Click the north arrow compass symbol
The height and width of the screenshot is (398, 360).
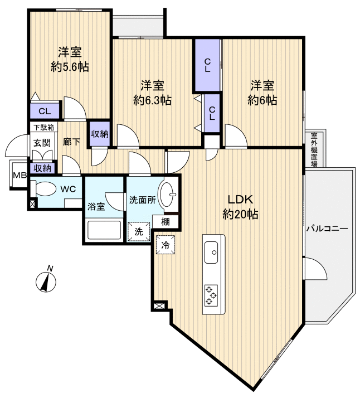pyautogui.click(x=46, y=280)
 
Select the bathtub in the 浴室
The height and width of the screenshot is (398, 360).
pyautogui.click(x=104, y=229)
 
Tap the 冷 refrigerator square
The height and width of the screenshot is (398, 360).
pyautogui.click(x=166, y=244)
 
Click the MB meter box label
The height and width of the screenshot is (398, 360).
pyautogui.click(x=20, y=175)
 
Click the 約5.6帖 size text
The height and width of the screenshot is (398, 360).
pyautogui.click(x=70, y=67)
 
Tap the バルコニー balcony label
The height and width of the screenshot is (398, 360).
pyautogui.click(x=327, y=229)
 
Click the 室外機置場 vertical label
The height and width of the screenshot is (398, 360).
pyautogui.click(x=314, y=149)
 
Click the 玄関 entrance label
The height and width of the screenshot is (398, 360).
pyautogui.click(x=41, y=142)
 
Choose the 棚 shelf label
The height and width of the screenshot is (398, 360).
pyautogui.click(x=166, y=221)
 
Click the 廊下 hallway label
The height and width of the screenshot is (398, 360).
pyautogui.click(x=71, y=142)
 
